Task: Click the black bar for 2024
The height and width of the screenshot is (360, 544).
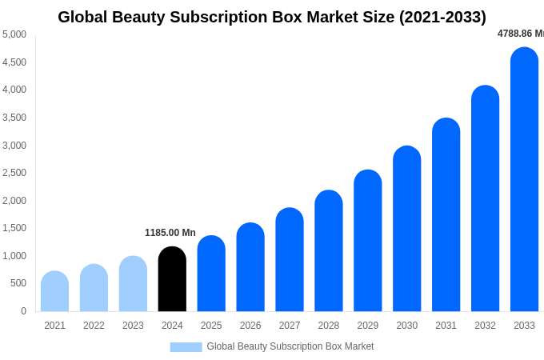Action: click(x=172, y=279)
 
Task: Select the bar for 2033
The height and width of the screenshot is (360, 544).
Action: click(x=524, y=180)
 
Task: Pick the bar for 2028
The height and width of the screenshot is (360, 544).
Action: click(x=329, y=251)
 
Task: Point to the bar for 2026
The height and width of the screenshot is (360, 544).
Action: click(x=250, y=267)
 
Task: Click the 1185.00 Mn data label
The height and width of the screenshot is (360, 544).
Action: click(x=170, y=233)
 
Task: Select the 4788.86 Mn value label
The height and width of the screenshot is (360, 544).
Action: click(x=520, y=34)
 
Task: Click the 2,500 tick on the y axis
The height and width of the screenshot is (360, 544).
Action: click(x=14, y=173)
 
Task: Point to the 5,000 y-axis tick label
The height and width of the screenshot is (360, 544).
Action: click(x=14, y=34)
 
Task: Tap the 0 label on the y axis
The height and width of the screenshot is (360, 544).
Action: click(x=23, y=311)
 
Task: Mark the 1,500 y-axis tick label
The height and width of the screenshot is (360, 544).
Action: click(x=14, y=228)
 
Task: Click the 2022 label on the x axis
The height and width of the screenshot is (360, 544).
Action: click(x=94, y=326)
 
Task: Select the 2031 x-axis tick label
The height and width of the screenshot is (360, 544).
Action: click(x=446, y=326)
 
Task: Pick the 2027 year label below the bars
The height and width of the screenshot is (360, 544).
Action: click(x=290, y=326)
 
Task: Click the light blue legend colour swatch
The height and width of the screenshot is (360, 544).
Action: click(x=186, y=347)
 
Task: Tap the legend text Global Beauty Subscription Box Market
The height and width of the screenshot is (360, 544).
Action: click(x=290, y=346)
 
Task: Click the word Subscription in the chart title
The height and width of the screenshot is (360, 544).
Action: click(x=238, y=17)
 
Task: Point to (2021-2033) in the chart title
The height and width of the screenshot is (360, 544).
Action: click(x=442, y=17)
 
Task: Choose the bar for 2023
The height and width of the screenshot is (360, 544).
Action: click(x=133, y=284)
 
